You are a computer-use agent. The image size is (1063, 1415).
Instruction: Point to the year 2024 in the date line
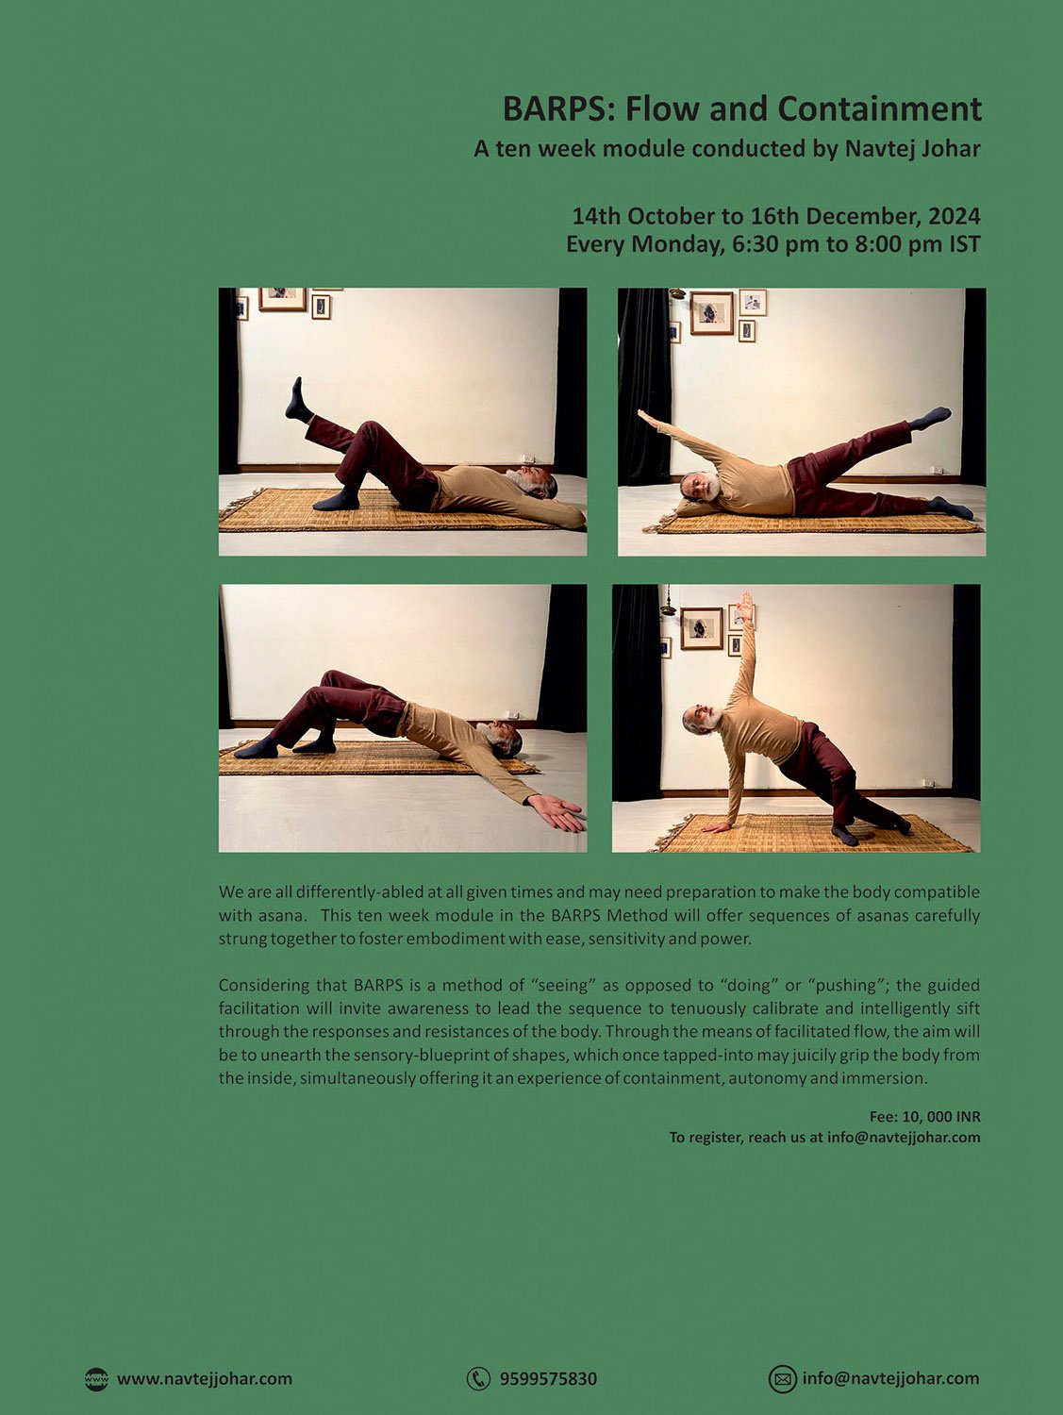pos(954,216)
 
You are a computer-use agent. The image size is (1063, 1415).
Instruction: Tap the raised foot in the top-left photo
pos(298,398)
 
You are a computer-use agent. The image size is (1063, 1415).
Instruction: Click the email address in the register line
pos(904,1137)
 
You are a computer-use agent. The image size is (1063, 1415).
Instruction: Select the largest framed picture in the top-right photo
pos(712,312)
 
